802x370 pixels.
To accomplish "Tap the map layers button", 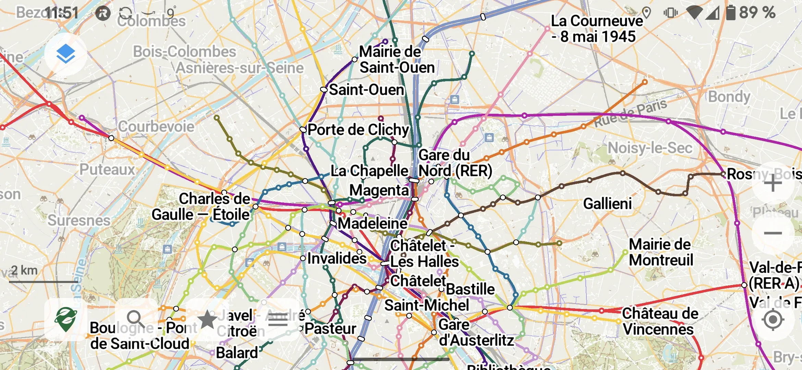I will [65, 54].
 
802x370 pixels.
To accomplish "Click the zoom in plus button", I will [773, 183].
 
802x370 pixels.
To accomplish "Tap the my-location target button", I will [773, 320].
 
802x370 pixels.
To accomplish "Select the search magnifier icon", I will [136, 320].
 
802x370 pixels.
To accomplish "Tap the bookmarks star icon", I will [207, 320].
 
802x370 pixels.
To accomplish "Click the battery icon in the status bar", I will [730, 13].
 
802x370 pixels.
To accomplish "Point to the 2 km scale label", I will [24, 270].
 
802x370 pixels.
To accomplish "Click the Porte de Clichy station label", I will [358, 130].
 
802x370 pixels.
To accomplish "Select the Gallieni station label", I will [607, 204].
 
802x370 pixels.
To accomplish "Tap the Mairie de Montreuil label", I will [661, 252].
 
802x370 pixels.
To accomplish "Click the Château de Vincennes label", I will [659, 321].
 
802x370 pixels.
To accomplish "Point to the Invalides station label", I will [337, 258].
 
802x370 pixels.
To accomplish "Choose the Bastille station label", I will [470, 289].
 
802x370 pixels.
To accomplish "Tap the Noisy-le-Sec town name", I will [650, 148].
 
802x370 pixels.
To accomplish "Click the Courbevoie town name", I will [156, 126].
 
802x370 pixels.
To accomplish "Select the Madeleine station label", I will [373, 223].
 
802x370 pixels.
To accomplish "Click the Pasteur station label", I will [330, 329].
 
